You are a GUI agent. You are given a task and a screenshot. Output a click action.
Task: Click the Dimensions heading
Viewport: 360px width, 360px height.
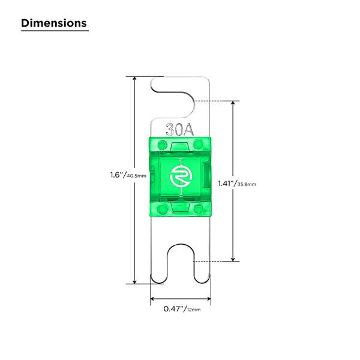(x=54, y=23)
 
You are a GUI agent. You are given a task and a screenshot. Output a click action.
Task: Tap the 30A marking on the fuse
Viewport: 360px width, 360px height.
(x=180, y=130)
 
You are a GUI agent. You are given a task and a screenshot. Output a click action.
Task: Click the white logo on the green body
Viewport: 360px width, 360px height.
(x=180, y=176)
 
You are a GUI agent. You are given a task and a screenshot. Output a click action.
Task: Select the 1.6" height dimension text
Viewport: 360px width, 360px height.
(x=118, y=175)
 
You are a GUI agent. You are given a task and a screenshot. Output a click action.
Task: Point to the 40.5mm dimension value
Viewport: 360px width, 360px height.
(x=136, y=176)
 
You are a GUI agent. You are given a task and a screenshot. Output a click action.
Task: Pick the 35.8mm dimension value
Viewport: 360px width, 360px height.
(x=247, y=184)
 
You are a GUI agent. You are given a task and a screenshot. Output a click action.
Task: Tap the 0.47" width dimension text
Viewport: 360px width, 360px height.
(x=175, y=309)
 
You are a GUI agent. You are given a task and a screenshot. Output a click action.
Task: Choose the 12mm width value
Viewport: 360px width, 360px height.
(x=194, y=310)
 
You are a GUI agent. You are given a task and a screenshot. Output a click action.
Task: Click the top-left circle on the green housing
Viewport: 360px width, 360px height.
(x=163, y=145)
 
